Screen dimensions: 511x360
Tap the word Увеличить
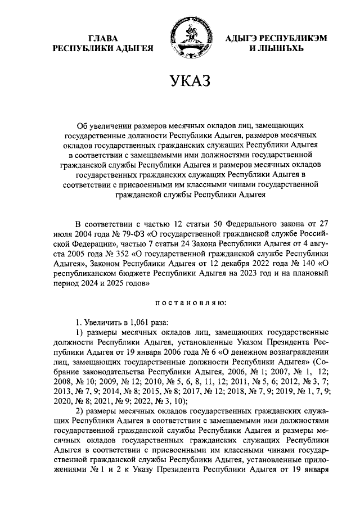click(x=102, y=323)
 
